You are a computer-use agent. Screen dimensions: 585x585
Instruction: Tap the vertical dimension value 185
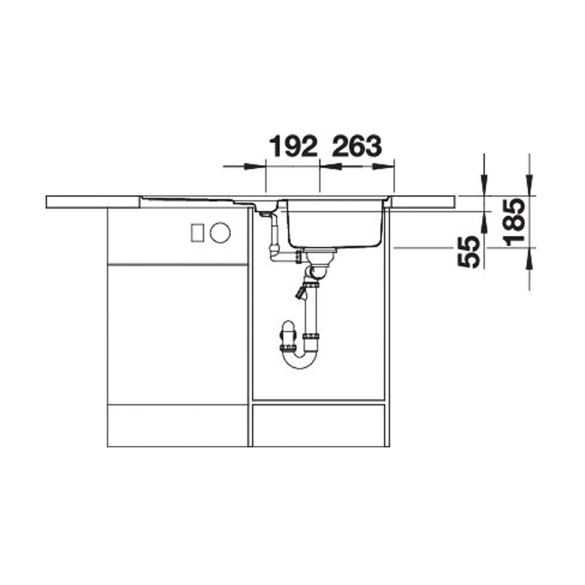514,222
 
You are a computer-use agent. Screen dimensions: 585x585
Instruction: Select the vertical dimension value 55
469,251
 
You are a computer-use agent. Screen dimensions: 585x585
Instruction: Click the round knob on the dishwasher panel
220,232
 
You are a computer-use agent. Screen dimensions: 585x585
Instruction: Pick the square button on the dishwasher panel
198,233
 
